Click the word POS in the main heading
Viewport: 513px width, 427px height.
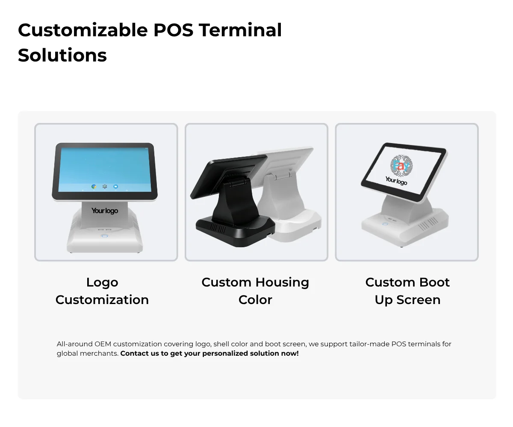tap(174, 30)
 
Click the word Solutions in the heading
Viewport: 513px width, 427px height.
tap(62, 55)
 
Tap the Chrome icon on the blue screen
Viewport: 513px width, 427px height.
tap(94, 187)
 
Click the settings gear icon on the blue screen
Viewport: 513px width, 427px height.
tap(105, 187)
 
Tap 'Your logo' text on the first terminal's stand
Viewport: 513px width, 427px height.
tap(105, 211)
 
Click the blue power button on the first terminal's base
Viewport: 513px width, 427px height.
tap(104, 236)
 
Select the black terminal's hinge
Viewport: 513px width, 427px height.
tap(237, 182)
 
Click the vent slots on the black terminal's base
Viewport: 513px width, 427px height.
tap(218, 228)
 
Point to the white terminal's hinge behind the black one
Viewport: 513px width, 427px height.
tap(283, 175)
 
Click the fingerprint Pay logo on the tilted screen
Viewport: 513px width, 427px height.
tap(401, 166)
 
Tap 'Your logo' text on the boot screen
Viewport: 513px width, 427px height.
tap(396, 181)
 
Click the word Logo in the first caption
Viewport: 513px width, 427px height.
tap(102, 282)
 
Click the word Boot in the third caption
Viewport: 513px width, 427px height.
tap(435, 282)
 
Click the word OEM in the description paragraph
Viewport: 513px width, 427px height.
tap(103, 344)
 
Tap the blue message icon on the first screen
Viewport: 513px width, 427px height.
tap(116, 187)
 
